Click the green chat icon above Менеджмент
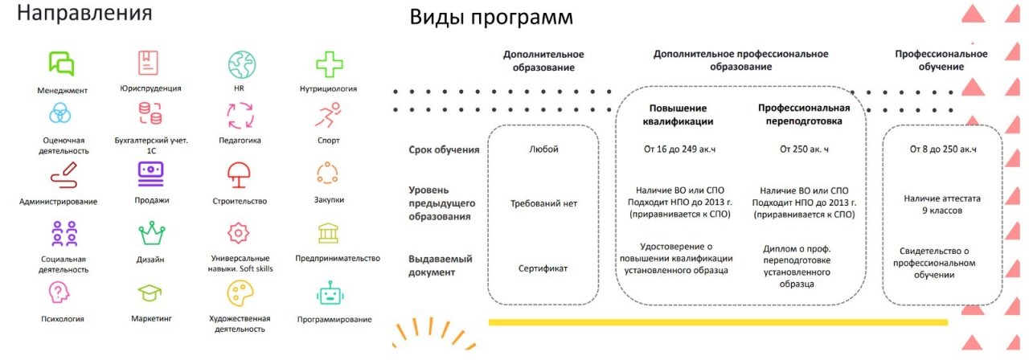(x=62, y=63)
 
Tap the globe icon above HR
(x=240, y=63)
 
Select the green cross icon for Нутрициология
(x=328, y=63)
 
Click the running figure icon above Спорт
(x=328, y=116)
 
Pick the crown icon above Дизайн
(x=150, y=233)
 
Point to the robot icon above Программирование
(x=330, y=293)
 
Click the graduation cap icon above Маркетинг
(x=150, y=293)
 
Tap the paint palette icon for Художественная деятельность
(x=240, y=292)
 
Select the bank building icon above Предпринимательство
(x=328, y=233)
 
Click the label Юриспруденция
(x=150, y=88)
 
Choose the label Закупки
(x=328, y=200)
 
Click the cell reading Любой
(x=543, y=149)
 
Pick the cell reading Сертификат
(x=543, y=268)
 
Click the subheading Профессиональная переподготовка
(x=804, y=115)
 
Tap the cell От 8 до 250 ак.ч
(x=943, y=149)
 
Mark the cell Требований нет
(x=543, y=203)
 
